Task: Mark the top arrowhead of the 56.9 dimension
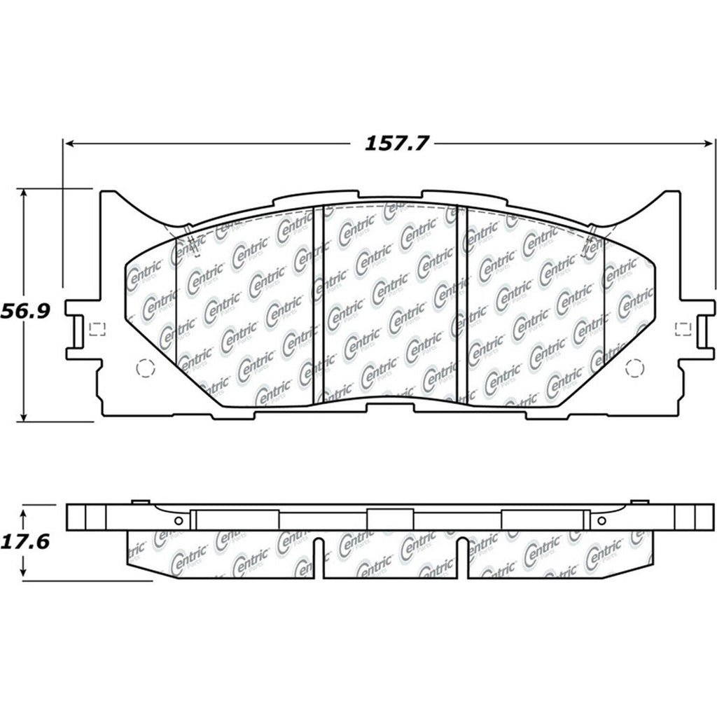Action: coord(25,193)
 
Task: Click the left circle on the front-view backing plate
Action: coord(143,367)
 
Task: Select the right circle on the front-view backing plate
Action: coord(632,367)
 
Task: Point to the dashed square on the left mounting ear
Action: coord(97,328)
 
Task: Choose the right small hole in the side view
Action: coord(600,520)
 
